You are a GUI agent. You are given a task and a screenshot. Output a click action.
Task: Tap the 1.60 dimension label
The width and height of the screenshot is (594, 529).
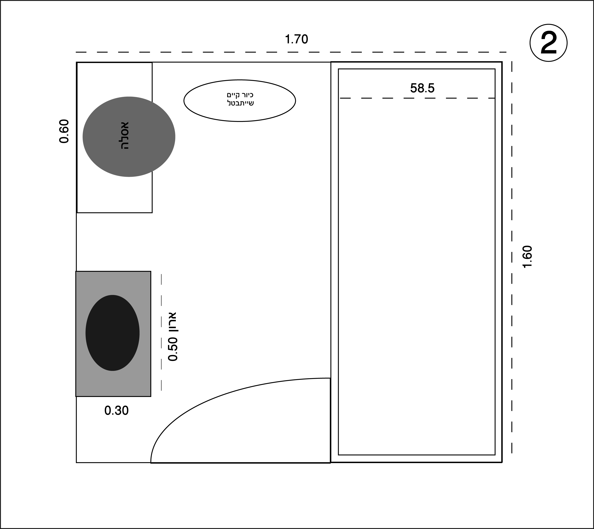point(527,257)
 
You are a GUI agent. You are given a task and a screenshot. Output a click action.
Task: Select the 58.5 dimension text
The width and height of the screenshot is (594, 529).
point(422,88)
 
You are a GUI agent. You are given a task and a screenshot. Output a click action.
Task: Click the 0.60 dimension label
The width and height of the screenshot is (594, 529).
point(64,131)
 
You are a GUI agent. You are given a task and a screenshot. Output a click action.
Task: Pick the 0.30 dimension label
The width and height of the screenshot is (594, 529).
point(116,411)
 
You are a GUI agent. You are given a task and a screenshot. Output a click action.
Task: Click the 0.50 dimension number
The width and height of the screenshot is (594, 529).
point(173,349)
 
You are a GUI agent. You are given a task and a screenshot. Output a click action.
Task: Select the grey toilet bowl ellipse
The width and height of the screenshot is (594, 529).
point(129,137)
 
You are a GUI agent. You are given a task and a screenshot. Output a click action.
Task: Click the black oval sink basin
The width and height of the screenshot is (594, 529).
point(112,333)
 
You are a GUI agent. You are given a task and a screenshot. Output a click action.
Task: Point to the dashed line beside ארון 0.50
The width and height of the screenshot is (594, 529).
point(161,332)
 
